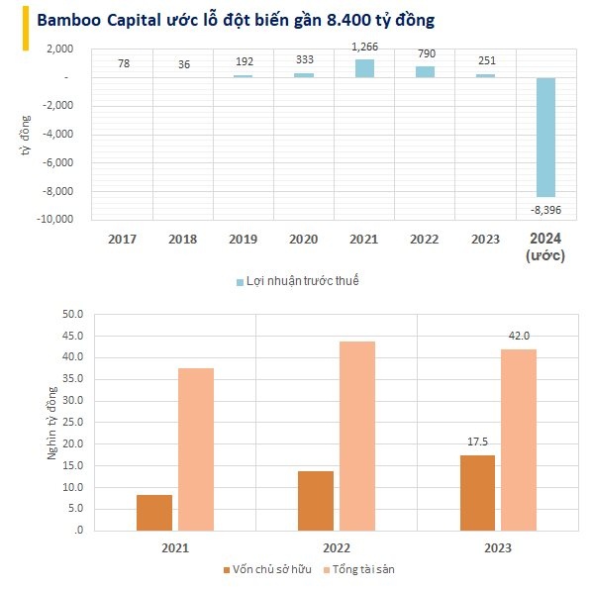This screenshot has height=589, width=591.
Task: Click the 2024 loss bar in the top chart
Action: [545, 137]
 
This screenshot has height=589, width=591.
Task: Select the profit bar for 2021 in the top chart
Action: [365, 68]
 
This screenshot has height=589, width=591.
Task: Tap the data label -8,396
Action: [545, 210]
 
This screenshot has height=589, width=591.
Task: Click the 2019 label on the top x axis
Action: [244, 239]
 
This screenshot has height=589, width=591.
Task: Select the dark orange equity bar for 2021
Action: [154, 512]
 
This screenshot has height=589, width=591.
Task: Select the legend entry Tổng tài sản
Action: [360, 569]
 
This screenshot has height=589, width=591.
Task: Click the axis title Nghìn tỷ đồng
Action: [52, 422]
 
